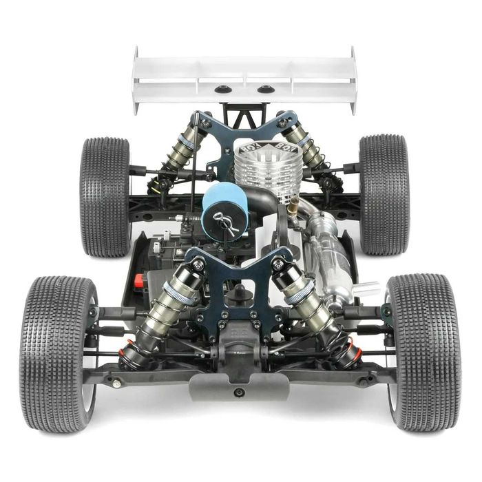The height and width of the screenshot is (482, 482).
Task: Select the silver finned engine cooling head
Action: tap(260, 168)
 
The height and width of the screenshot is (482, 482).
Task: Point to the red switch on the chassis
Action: tap(138, 281)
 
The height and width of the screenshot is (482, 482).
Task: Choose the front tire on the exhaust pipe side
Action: tap(423, 351)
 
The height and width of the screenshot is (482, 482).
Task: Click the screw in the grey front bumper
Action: tap(238, 392)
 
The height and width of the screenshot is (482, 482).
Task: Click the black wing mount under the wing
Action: tap(244, 114)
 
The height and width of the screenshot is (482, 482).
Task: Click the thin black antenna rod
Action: tap(194, 172)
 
